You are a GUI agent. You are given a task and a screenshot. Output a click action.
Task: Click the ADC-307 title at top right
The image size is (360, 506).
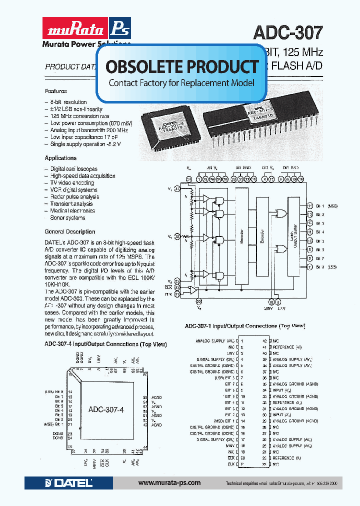tap(287, 32)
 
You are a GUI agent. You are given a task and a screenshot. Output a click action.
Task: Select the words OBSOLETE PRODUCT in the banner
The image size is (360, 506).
tap(182, 66)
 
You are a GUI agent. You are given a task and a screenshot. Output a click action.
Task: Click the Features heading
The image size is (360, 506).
tap(55, 91)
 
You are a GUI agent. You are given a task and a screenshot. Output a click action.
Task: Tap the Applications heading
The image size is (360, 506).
tap(60, 158)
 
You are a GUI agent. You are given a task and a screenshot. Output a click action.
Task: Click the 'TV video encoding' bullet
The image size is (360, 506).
tap(72, 183)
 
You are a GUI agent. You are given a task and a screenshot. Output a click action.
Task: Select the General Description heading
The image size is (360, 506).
tap(69, 231)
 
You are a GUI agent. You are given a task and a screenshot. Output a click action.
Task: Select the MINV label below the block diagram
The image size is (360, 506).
tap(270, 308)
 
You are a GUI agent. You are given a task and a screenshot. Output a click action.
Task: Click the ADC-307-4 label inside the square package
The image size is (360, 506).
tap(105, 408)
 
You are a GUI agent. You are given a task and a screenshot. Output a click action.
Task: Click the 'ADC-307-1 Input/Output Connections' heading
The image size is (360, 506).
tap(244, 326)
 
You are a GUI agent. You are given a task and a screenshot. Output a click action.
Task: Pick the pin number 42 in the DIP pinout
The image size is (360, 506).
tap(264, 340)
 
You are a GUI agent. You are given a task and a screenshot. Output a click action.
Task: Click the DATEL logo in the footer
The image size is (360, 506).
tap(68, 483)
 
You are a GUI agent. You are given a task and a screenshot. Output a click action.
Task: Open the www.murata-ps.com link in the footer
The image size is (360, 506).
tap(169, 483)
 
